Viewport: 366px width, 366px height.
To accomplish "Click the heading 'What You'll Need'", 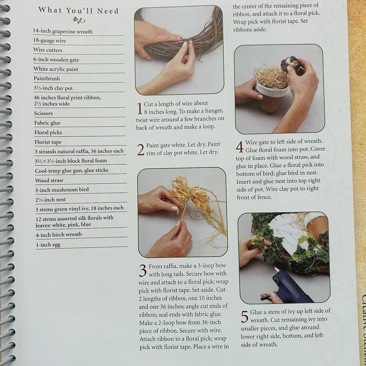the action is pyautogui.click(x=79, y=11).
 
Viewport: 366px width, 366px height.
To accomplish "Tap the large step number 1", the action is pyautogui.click(x=139, y=109).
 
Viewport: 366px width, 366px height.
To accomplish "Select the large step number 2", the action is pyautogui.click(x=141, y=150).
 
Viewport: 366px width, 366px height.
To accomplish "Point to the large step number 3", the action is pyautogui.click(x=143, y=270).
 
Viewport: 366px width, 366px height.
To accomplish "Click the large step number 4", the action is pyautogui.click(x=240, y=147).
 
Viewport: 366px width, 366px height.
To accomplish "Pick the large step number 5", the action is pyautogui.click(x=244, y=317).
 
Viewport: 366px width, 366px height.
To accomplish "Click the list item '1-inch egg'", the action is pyautogui.click(x=48, y=244).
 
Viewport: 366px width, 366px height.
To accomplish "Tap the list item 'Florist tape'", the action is pyautogui.click(x=48, y=142).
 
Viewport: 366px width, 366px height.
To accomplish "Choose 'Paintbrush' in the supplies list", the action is pyautogui.click(x=47, y=78).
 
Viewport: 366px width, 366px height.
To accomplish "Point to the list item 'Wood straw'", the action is pyautogui.click(x=49, y=180).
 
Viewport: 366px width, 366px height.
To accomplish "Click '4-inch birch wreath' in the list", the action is pyautogui.click(x=59, y=235).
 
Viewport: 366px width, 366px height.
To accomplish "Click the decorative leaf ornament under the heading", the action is pyautogui.click(x=79, y=20).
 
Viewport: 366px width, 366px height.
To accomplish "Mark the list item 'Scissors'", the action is pyautogui.click(x=44, y=113).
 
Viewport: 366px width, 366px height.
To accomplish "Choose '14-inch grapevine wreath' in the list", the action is pyautogui.click(x=63, y=31).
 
